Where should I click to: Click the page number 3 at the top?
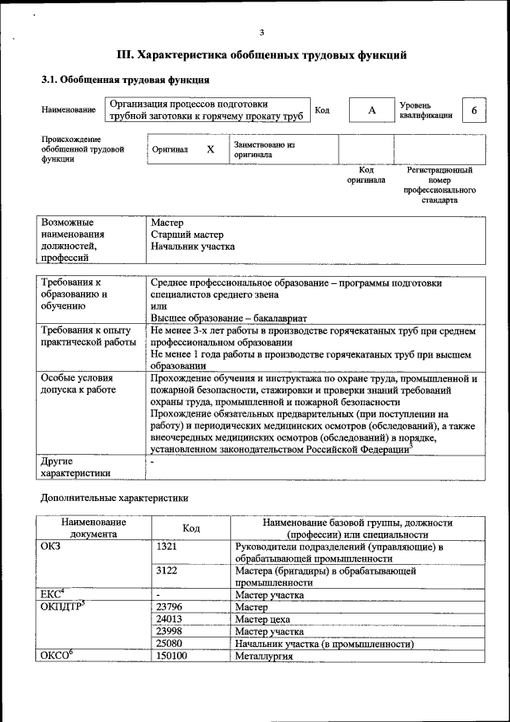(x=261, y=32)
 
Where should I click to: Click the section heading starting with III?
(x=262, y=55)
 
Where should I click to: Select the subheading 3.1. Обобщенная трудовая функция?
(x=125, y=80)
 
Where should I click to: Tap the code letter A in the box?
(x=371, y=110)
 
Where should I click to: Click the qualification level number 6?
(x=474, y=110)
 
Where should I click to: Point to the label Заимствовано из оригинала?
(x=264, y=150)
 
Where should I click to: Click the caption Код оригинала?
(x=366, y=176)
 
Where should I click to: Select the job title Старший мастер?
(x=187, y=235)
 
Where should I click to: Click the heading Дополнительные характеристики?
(x=115, y=498)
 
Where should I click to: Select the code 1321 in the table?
(x=167, y=547)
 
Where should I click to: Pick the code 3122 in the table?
(x=167, y=571)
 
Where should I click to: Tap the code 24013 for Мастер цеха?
(x=170, y=619)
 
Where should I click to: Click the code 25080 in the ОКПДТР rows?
(x=170, y=643)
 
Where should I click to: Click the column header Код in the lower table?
(x=191, y=528)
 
